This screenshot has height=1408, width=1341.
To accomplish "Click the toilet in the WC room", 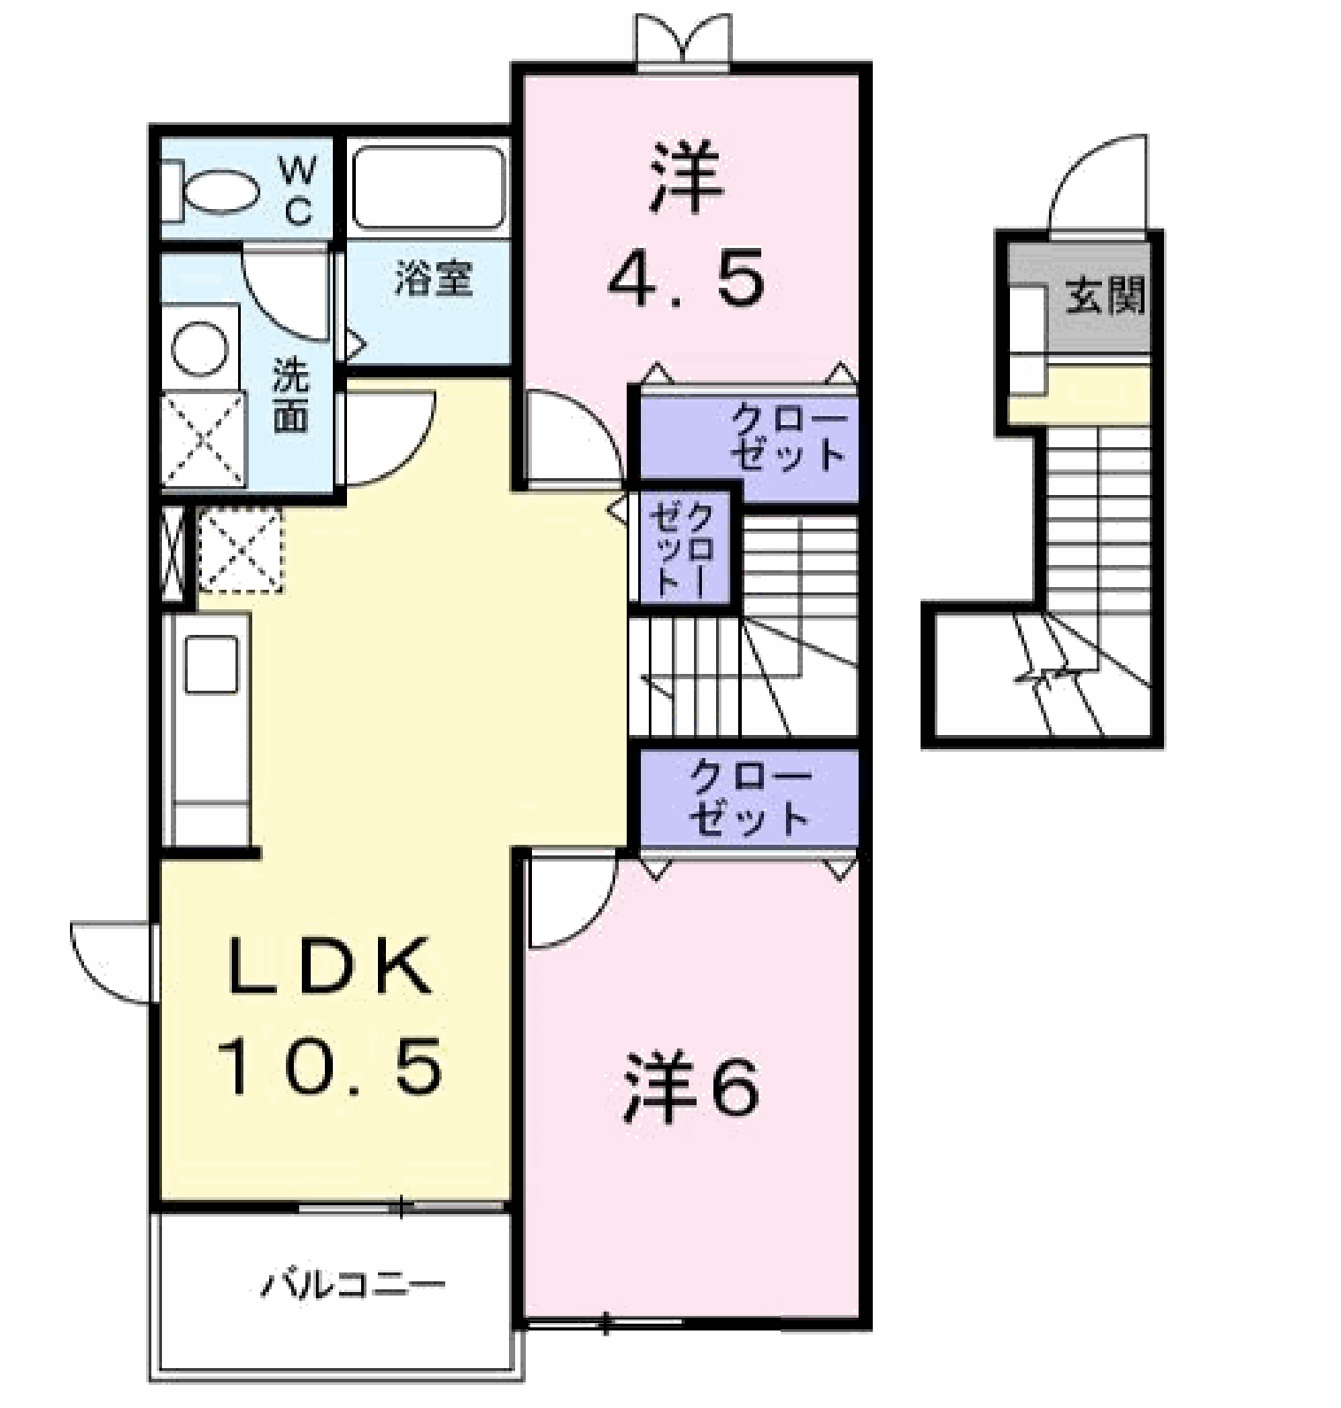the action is (x=212, y=190).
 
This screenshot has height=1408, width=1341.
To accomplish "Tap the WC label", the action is (x=298, y=190).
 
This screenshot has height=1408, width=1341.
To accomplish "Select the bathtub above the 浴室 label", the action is (x=430, y=188).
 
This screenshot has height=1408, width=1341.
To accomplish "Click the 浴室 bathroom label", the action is (x=434, y=279).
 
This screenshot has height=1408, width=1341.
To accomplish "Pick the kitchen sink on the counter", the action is (x=211, y=665).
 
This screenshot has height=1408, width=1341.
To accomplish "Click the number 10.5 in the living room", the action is (x=332, y=1066).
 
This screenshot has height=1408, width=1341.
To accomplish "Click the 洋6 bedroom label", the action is (x=690, y=1087).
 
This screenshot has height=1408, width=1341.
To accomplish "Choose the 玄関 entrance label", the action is (x=1105, y=295).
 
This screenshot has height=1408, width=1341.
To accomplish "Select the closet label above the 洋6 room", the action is (x=749, y=798).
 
